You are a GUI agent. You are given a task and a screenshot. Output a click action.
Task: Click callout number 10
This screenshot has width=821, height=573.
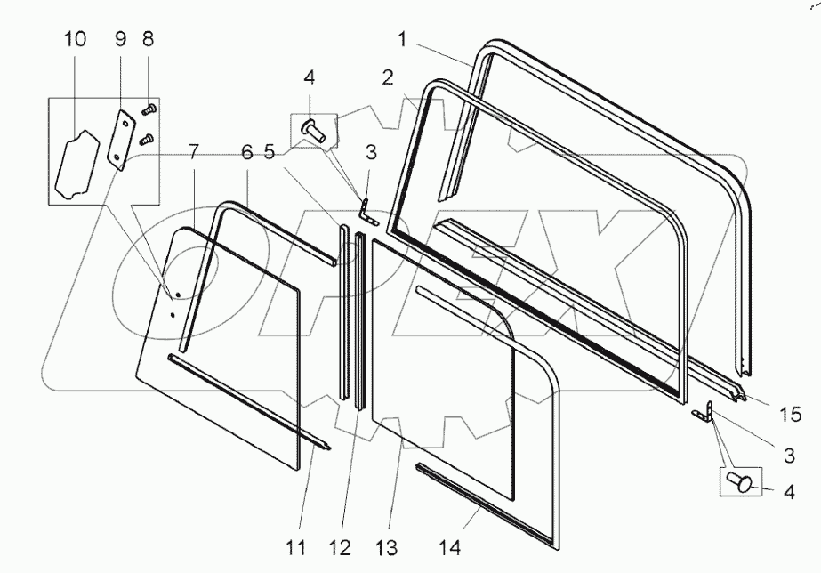76,40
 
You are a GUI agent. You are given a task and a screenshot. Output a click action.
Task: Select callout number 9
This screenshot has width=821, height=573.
121,40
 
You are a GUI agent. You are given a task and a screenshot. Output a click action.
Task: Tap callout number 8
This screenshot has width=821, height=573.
148,40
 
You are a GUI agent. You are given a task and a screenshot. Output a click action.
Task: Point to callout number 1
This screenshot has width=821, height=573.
403,40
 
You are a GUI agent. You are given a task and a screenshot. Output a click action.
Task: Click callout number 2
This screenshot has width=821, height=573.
388,77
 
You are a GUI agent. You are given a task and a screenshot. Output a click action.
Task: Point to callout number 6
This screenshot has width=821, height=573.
245,153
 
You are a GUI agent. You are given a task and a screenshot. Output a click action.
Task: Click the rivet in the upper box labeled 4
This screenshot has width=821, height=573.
313,130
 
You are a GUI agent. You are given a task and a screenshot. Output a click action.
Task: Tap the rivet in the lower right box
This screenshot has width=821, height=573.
740,481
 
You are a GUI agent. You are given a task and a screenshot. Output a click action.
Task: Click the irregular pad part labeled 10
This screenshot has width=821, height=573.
75,164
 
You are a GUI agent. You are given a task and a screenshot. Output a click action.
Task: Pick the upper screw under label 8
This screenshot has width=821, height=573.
148,109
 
